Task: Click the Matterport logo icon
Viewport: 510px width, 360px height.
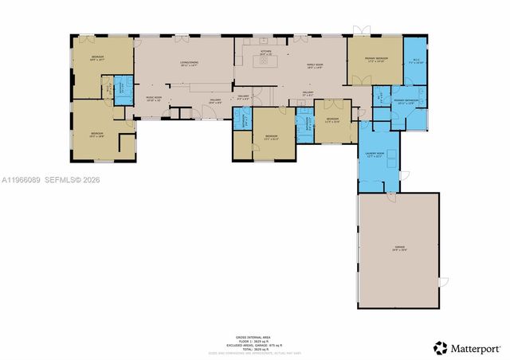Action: click(440, 347)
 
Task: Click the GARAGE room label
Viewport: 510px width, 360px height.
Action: click(398, 248)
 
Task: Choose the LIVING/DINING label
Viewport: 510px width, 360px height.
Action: click(189, 65)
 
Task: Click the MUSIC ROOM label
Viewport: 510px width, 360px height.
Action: click(153, 99)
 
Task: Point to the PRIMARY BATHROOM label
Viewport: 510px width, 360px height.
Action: click(406, 101)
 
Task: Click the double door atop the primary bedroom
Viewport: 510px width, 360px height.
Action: click(363, 31)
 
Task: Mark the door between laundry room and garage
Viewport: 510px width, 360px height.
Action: click(390, 194)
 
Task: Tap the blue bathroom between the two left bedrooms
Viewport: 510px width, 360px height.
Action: click(122, 87)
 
